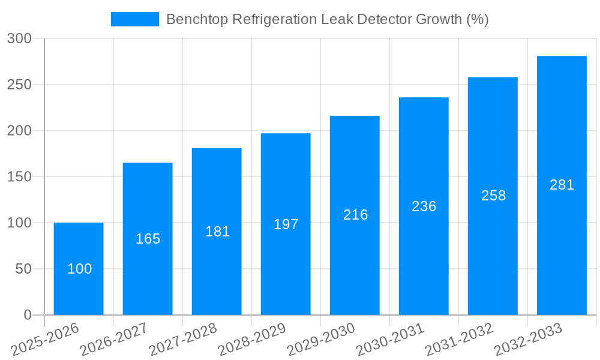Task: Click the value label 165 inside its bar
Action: [148, 239]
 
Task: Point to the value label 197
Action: [286, 224]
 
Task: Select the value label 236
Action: [424, 206]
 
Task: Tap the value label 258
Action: [493, 196]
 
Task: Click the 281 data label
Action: [562, 185]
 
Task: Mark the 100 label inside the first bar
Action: [79, 269]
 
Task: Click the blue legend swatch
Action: [135, 19]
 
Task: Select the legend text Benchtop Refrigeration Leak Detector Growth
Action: [327, 19]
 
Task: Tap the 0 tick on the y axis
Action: [28, 315]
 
